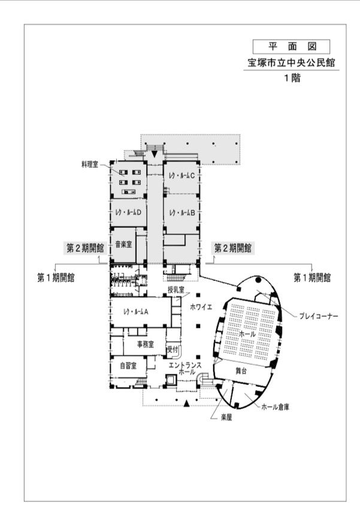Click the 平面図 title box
291,47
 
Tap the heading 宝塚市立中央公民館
291,63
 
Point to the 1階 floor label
292,78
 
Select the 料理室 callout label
90,164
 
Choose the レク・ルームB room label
182,213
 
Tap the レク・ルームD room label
128,213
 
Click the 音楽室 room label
123,244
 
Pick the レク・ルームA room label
136,311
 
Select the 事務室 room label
146,344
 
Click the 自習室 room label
128,365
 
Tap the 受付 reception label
173,350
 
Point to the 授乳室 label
176,290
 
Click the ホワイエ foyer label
201,307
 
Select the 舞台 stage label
241,370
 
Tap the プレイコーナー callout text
319,316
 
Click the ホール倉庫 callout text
275,407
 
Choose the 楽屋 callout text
226,417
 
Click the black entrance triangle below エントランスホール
187,404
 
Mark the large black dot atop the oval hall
258,280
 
